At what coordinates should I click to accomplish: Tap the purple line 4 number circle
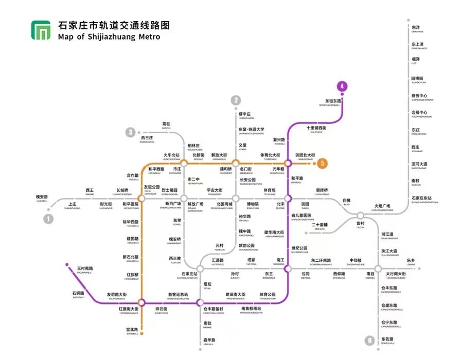[x=342, y=87]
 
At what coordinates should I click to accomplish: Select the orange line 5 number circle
[x=322, y=164]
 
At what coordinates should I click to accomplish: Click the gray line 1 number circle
[x=49, y=219]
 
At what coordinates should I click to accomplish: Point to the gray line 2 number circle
[x=236, y=100]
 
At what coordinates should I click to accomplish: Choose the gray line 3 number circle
[x=131, y=132]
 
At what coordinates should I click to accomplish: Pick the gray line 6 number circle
[x=369, y=340]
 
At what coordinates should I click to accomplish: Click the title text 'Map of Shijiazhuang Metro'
[x=109, y=37]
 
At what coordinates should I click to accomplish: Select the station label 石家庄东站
[x=421, y=199]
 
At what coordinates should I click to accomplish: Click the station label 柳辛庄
[x=244, y=114]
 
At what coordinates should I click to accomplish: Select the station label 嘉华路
[x=208, y=340]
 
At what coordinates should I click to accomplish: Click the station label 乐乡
[x=411, y=260]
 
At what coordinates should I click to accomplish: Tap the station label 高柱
[x=166, y=124]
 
